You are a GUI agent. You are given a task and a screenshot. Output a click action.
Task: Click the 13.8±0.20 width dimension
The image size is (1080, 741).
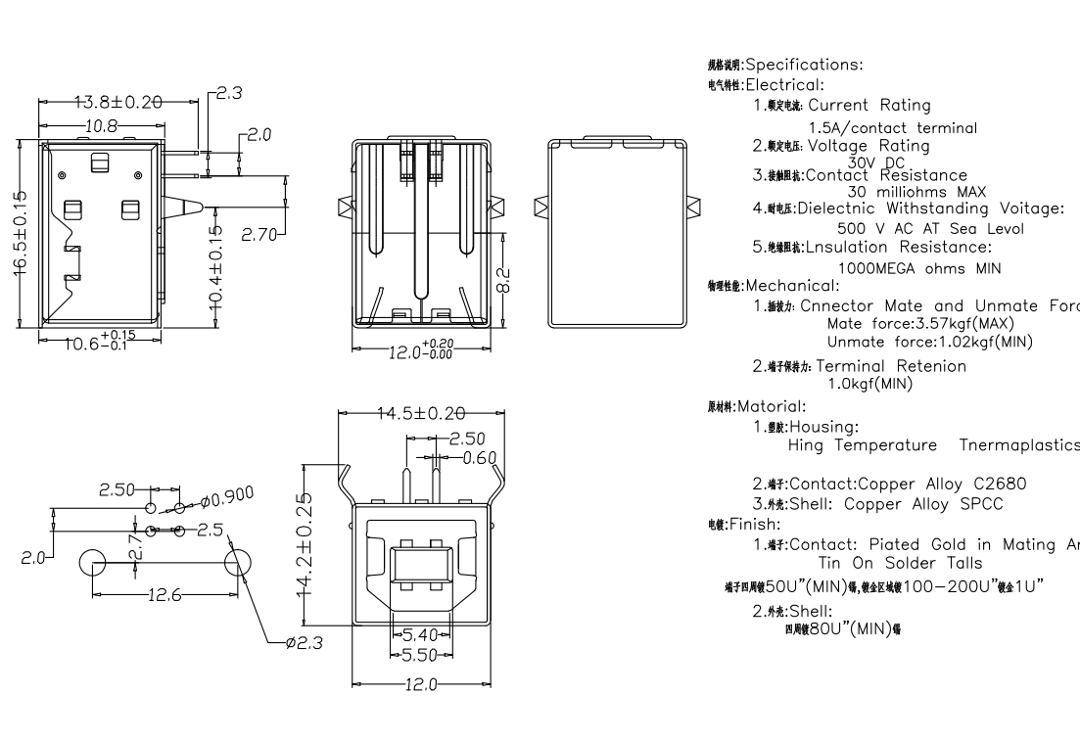[118, 102]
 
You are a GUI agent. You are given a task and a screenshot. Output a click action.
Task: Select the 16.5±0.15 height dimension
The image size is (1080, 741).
[20, 232]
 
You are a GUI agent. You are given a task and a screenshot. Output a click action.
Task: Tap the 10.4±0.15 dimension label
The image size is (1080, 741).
[217, 267]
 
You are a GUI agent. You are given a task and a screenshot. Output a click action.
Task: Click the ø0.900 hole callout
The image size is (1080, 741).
[227, 497]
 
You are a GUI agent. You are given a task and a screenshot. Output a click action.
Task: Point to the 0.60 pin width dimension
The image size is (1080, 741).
[480, 457]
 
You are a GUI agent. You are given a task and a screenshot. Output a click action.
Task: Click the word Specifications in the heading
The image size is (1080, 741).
[804, 66]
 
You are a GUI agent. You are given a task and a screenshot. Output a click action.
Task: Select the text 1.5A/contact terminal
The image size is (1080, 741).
[892, 128]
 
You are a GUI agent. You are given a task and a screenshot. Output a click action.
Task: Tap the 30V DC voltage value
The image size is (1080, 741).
[877, 162]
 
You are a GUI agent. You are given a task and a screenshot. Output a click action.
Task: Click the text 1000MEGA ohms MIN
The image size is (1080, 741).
[920, 268]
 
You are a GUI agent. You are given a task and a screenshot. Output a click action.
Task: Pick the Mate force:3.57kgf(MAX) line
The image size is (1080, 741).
[920, 324]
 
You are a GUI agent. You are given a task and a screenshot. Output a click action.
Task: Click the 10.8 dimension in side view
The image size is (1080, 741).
[102, 126]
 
